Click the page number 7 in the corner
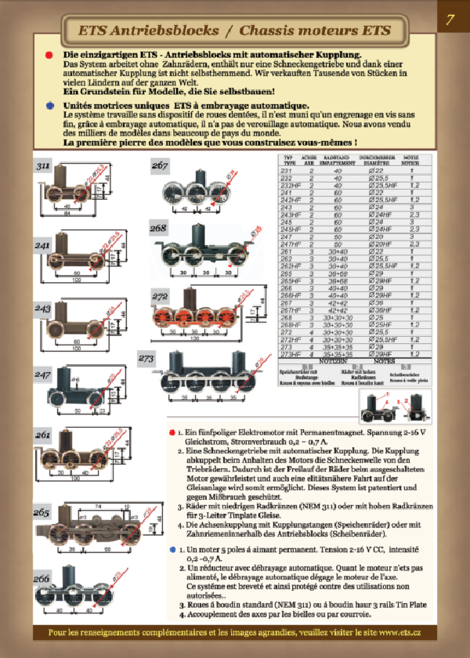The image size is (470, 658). [450, 21]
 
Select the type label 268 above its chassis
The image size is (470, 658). [159, 228]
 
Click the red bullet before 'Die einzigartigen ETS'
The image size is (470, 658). [49, 56]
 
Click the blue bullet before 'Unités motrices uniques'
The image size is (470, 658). [49, 103]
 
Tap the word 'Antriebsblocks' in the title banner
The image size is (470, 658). [163, 31]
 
